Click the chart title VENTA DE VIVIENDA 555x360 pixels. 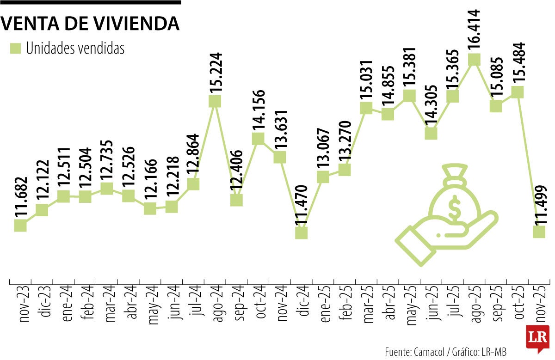coord(90,23)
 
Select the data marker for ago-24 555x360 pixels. coord(215,101)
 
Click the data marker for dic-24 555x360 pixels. coord(301,232)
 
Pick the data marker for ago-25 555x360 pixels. coord(474,60)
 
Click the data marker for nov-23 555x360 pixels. coord(20,225)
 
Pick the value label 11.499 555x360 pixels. coord(540,205)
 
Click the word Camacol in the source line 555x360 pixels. coord(426,351)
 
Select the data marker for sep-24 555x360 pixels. coord(236,200)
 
